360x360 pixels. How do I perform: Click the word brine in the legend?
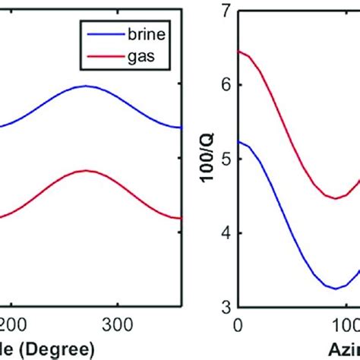pos(142,34)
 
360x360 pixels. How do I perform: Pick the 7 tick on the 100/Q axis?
pos(225,11)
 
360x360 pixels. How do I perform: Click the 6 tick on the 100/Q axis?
pos(225,85)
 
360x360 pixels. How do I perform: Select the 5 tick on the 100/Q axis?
pos(225,159)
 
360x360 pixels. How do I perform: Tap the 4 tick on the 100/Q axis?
pos(225,233)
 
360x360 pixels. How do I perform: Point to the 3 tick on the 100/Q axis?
pos(225,308)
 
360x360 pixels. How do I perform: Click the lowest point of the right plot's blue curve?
pos(335,289)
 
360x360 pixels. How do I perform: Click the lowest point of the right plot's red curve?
pos(335,198)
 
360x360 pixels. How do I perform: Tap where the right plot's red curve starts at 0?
pos(239,51)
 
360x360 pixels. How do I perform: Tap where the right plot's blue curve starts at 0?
pos(239,142)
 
